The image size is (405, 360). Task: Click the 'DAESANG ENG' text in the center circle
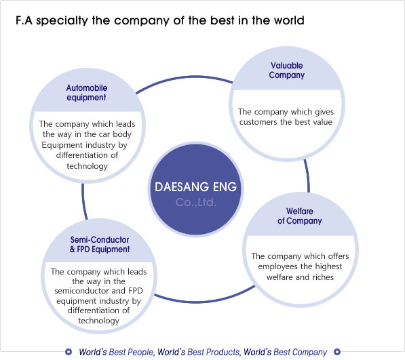(195, 186)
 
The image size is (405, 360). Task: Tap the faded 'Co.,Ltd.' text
(195, 202)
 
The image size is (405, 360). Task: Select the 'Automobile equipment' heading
(87, 93)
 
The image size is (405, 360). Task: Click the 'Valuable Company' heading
(286, 71)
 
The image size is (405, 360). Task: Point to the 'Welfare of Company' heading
(300, 216)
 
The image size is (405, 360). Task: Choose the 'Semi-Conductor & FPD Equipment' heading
(100, 244)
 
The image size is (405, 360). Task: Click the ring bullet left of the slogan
(69, 352)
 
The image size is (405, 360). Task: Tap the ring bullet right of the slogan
(337, 352)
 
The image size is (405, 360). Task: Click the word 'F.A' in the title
(24, 20)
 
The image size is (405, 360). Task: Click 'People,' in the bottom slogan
(141, 352)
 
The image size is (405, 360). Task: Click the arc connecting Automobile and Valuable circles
(184, 78)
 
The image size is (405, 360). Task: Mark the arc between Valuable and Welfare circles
(308, 176)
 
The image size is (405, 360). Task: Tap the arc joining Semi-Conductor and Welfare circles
(204, 301)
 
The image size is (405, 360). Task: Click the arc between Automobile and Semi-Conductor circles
(83, 201)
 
